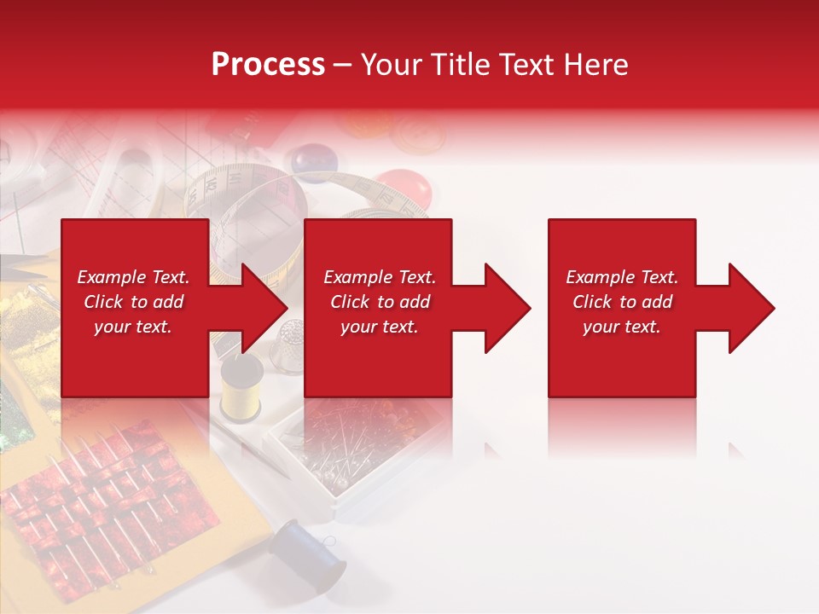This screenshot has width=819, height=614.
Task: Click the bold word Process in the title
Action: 268,64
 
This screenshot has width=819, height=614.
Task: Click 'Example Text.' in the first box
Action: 133,277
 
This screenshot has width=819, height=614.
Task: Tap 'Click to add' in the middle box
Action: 380,302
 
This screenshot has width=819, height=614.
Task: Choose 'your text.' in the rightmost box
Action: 621,327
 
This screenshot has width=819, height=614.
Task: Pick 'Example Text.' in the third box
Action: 621,277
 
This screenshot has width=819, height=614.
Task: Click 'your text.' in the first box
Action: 133,327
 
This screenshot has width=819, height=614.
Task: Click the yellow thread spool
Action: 241,388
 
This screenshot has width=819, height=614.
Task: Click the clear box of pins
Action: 358,452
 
